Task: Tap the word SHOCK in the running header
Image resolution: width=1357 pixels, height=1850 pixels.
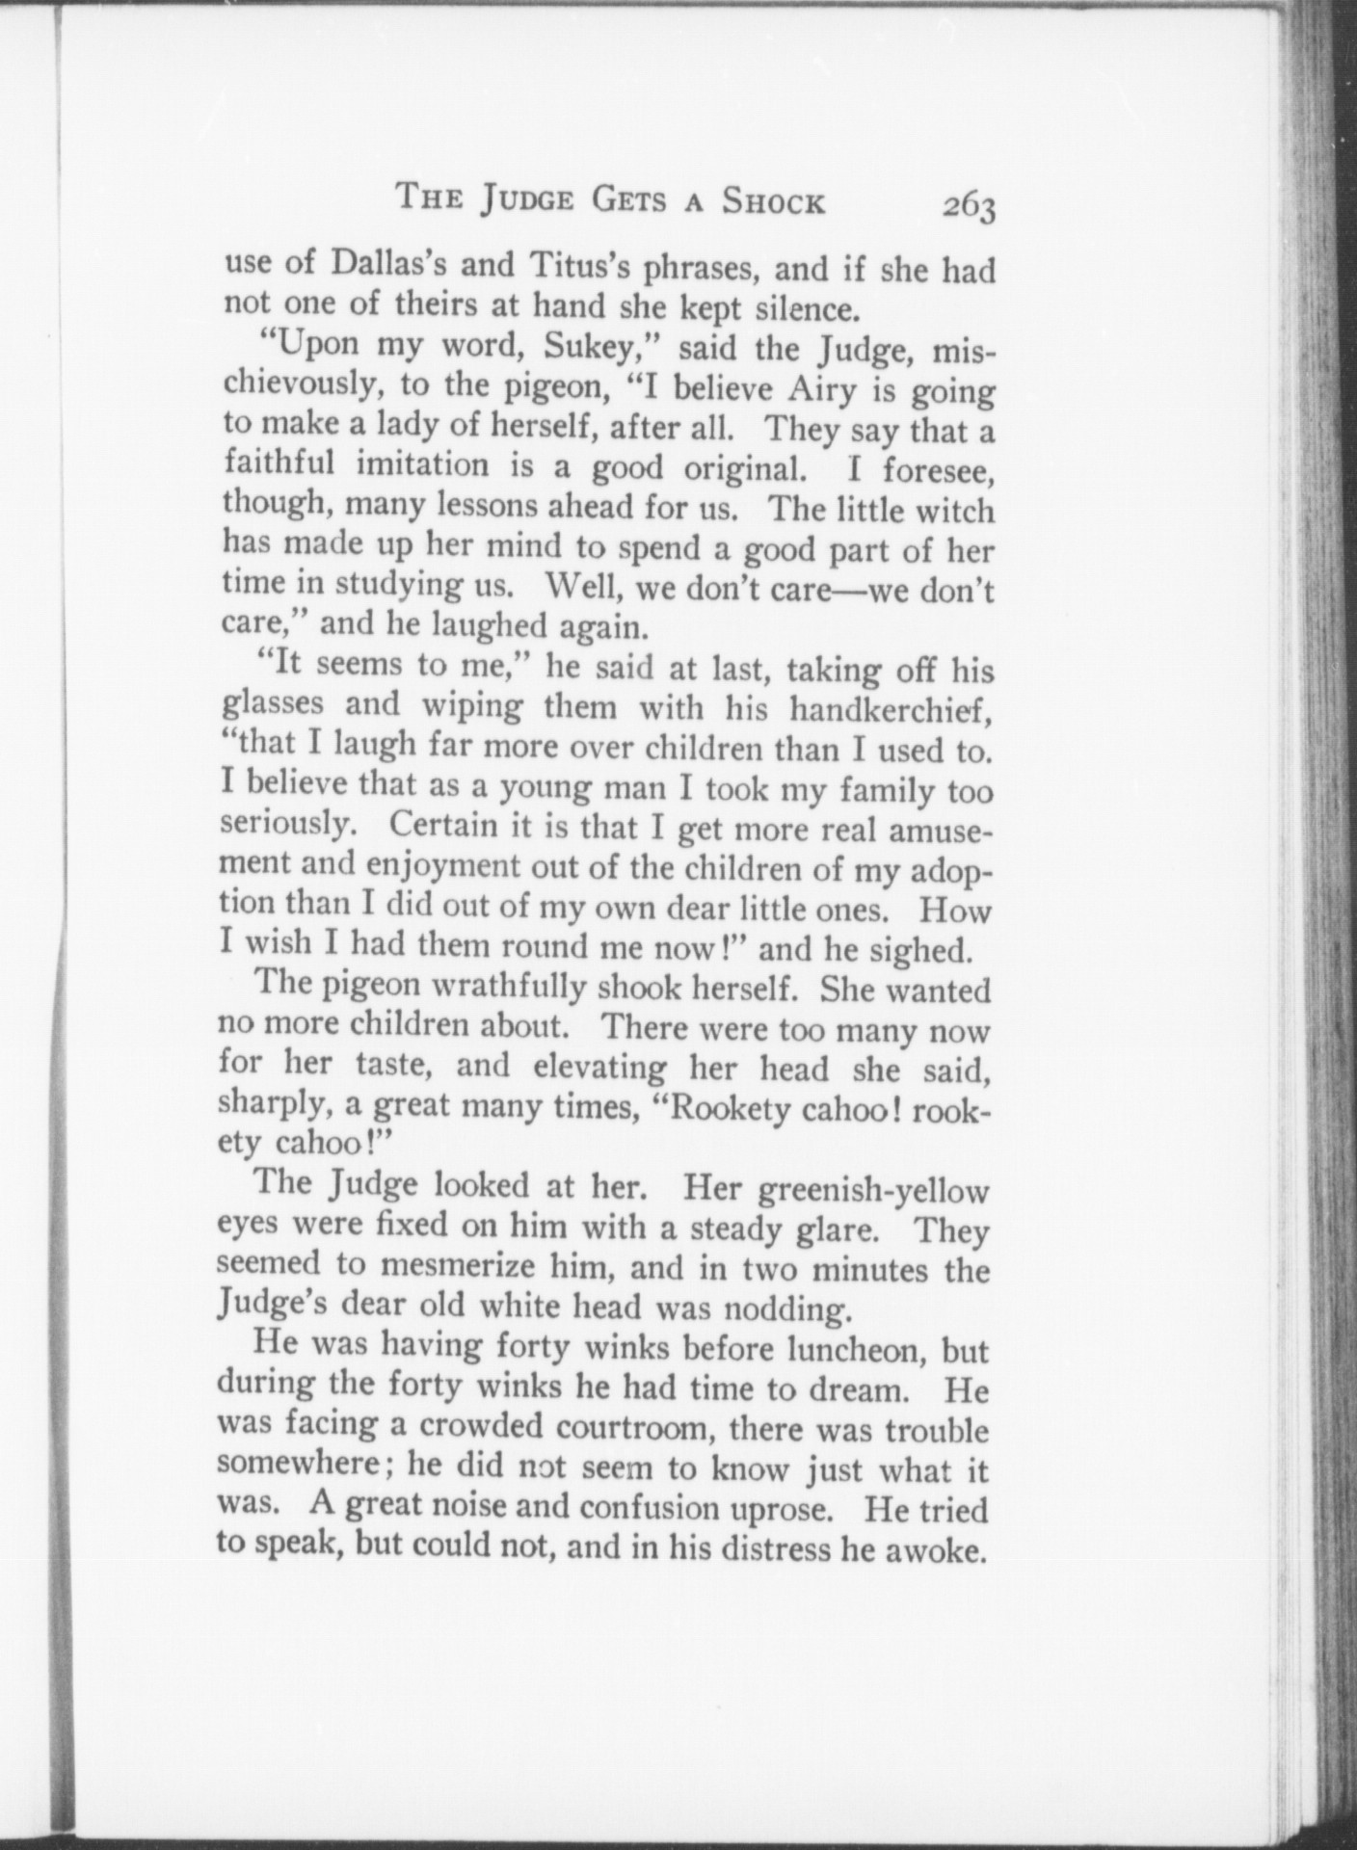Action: tap(774, 202)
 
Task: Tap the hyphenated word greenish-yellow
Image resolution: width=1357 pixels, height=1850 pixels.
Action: tap(874, 1191)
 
